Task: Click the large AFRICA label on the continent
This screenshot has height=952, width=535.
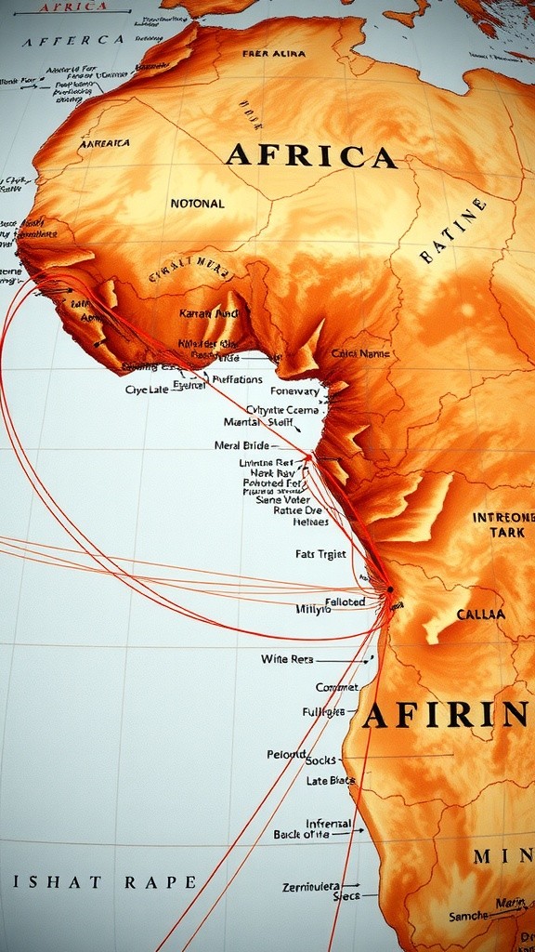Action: pyautogui.click(x=310, y=155)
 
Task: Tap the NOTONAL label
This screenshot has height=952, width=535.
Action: pyautogui.click(x=197, y=203)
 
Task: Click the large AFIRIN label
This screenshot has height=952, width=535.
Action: pyautogui.click(x=446, y=715)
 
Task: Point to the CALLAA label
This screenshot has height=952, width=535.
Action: pyautogui.click(x=481, y=615)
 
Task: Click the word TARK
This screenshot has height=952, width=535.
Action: pyautogui.click(x=507, y=533)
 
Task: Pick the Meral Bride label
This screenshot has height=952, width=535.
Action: pyautogui.click(x=241, y=445)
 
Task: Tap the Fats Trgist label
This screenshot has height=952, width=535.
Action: pyautogui.click(x=320, y=554)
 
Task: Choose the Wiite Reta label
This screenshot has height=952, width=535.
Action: pyautogui.click(x=287, y=659)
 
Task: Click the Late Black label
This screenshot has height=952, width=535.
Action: pyautogui.click(x=331, y=781)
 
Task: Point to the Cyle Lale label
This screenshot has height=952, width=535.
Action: pyautogui.click(x=147, y=390)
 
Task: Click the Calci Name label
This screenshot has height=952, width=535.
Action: pyautogui.click(x=360, y=353)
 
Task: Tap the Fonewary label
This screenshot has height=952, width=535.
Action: pyautogui.click(x=294, y=391)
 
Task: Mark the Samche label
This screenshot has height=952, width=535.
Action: pyautogui.click(x=468, y=916)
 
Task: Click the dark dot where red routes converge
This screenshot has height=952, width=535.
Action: pyautogui.click(x=390, y=589)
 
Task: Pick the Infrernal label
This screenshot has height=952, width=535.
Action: pyautogui.click(x=328, y=824)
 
